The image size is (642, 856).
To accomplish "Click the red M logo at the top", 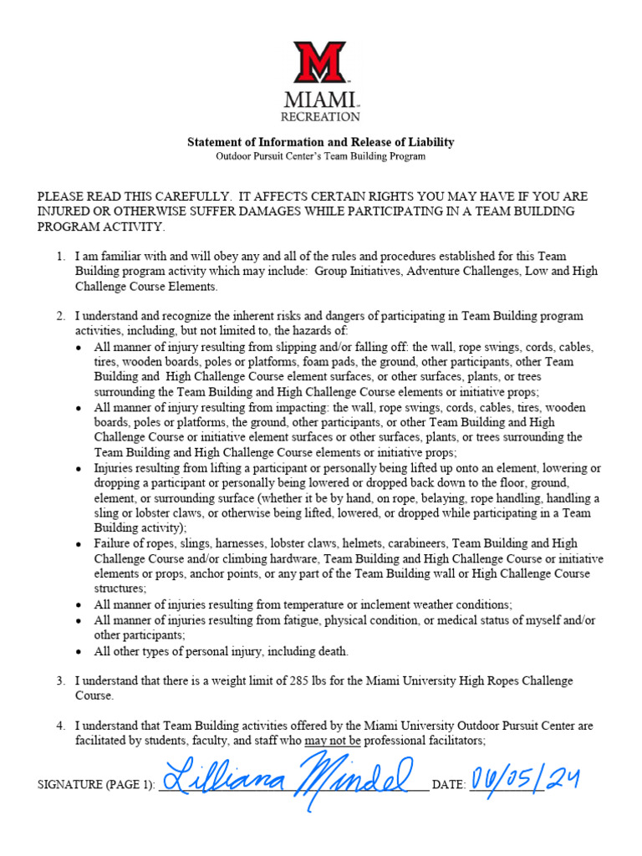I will pos(320,63).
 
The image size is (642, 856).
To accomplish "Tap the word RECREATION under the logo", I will pos(321,117).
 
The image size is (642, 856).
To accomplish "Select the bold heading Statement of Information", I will pos(320,142).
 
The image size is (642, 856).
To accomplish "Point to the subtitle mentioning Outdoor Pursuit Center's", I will pos(320,155).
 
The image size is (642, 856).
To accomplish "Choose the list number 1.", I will pos(60,256).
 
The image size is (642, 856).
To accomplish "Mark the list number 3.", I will pos(60,680).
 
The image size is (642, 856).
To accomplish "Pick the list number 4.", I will pos(60,726).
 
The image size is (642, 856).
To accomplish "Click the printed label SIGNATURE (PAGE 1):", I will pos(95,786).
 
